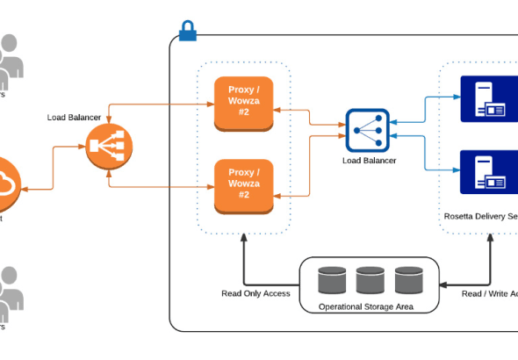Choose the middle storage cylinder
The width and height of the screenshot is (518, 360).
pos(371,280)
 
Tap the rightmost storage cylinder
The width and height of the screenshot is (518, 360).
pos(408,280)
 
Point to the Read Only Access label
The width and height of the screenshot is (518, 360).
pos(255,293)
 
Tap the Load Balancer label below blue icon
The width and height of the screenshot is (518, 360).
pos(369,161)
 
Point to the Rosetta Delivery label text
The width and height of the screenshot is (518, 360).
pos(481,215)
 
